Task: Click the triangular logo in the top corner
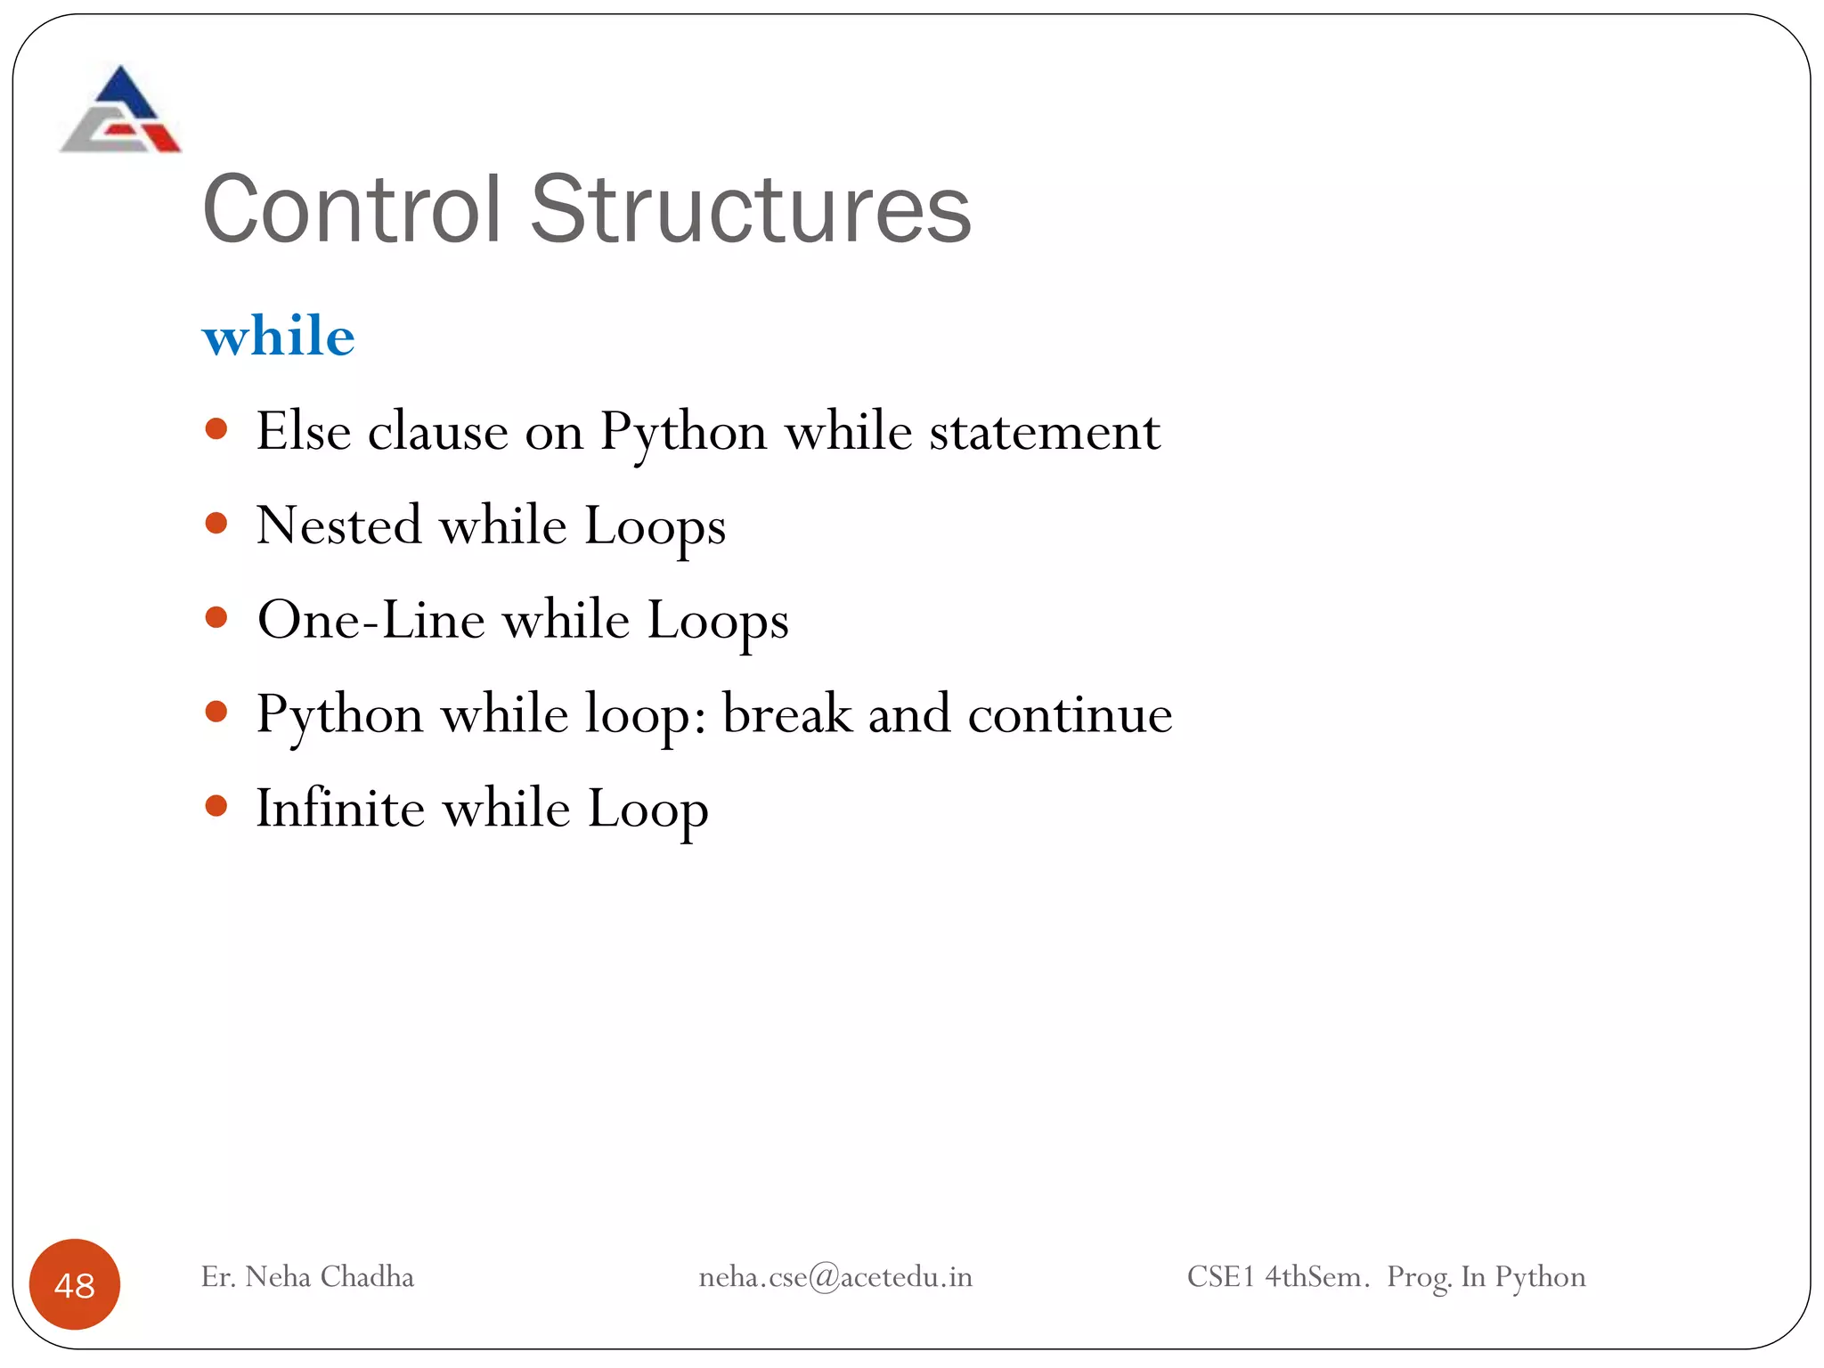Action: click(120, 110)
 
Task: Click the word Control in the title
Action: click(352, 210)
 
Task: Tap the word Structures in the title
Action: click(750, 210)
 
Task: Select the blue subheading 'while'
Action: click(279, 337)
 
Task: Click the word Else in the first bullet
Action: click(304, 432)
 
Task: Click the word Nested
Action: click(338, 525)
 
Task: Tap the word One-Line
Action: click(371, 620)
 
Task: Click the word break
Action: click(786, 714)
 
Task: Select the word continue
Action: click(1070, 715)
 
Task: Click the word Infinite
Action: click(340, 809)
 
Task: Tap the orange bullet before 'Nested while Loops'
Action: click(216, 523)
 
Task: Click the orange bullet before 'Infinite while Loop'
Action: click(216, 806)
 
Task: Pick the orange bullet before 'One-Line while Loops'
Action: click(216, 617)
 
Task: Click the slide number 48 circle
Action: click(75, 1284)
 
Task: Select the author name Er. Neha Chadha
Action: click(307, 1277)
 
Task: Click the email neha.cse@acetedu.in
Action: click(835, 1277)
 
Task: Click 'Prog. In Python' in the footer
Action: click(1486, 1277)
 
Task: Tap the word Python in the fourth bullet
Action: click(339, 715)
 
